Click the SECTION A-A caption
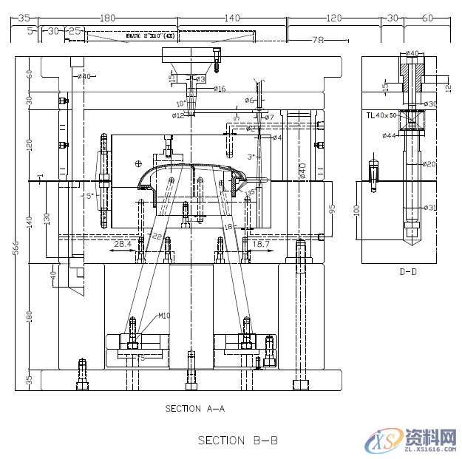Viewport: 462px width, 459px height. coord(194,408)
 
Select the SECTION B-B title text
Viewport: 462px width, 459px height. coord(237,440)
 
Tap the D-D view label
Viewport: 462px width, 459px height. coord(408,272)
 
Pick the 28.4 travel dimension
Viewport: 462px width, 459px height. coord(123,242)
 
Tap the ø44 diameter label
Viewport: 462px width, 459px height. coord(390,136)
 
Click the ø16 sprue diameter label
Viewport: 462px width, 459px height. coord(220,89)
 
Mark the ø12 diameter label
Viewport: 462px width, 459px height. coord(178,115)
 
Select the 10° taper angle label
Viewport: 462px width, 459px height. coord(181,103)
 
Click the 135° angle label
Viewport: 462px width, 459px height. coord(251,192)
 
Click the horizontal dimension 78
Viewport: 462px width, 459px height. coord(319,40)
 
